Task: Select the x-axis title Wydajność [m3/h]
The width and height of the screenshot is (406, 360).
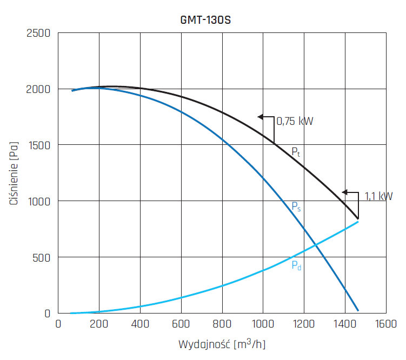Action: (x=222, y=344)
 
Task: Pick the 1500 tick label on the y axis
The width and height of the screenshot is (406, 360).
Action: (x=39, y=145)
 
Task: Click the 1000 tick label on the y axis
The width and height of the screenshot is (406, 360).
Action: (x=39, y=201)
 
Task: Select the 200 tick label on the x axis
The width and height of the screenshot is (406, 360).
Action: (x=99, y=324)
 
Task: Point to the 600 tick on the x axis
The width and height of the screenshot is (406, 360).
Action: (x=181, y=324)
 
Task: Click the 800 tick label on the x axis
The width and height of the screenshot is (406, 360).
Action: (x=222, y=324)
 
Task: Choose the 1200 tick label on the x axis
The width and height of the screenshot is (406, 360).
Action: (x=304, y=324)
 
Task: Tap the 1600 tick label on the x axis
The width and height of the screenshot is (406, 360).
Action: (x=386, y=324)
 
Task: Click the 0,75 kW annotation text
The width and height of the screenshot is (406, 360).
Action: (x=295, y=121)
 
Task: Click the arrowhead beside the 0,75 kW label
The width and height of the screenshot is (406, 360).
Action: (x=261, y=117)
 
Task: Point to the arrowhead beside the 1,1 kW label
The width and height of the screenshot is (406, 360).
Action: (x=344, y=192)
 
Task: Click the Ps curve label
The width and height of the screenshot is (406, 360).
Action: (x=296, y=206)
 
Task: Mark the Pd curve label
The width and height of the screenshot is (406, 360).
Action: (x=296, y=265)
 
